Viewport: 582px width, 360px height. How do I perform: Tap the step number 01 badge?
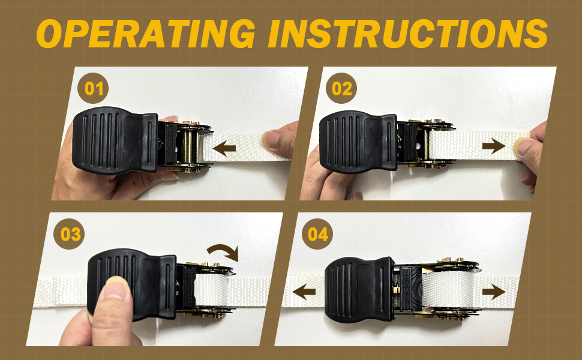click(93, 88)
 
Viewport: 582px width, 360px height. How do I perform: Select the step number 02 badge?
click(341, 88)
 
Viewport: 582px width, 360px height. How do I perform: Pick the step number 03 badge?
click(70, 234)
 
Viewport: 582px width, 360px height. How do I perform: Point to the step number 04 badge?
click(317, 234)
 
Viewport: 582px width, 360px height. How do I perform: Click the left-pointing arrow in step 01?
click(224, 148)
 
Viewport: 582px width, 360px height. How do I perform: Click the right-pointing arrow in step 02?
click(494, 146)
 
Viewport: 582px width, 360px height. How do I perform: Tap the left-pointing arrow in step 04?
click(304, 292)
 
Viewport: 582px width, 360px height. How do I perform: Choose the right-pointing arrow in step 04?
click(494, 292)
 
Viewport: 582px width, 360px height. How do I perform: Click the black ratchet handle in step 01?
click(115, 140)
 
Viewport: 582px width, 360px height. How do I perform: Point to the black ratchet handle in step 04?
click(359, 289)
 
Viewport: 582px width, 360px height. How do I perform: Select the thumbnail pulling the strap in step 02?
click(523, 146)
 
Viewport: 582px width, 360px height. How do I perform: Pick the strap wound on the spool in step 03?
click(211, 290)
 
